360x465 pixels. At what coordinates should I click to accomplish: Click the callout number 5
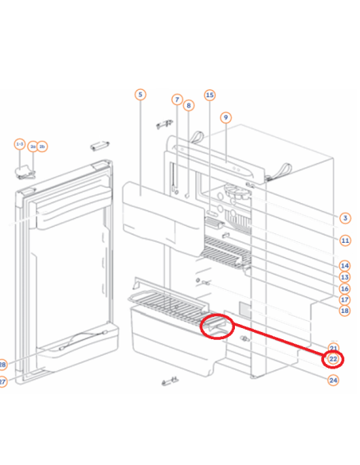(x=140, y=96)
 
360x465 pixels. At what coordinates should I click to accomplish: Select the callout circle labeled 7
(x=177, y=100)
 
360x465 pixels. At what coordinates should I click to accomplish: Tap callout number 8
(x=189, y=105)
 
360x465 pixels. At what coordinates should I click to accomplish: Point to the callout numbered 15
(x=209, y=96)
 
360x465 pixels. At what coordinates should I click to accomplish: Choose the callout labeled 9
(x=225, y=117)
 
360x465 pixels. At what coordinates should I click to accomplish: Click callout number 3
(x=345, y=217)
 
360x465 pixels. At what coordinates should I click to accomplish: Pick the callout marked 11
(x=345, y=240)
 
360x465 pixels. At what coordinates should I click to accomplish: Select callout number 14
(x=345, y=265)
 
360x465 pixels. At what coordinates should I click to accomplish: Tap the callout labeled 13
(x=345, y=276)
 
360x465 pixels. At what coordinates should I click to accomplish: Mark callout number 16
(x=345, y=288)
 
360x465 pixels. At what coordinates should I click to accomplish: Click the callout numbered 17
(x=345, y=299)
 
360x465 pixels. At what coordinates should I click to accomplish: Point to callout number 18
(x=345, y=311)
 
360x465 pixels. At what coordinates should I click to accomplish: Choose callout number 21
(x=334, y=349)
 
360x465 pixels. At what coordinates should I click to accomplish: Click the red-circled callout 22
(x=334, y=360)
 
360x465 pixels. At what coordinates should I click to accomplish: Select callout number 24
(x=334, y=380)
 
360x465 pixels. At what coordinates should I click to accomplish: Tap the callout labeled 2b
(x=43, y=147)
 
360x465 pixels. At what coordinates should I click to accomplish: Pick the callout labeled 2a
(x=33, y=147)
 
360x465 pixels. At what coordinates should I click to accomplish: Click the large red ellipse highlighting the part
(x=217, y=326)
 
